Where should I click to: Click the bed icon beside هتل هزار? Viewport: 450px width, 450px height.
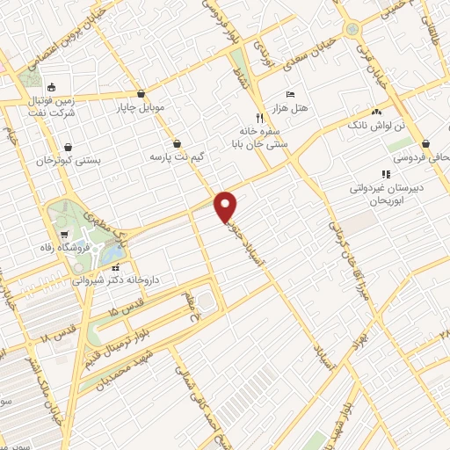click(x=290, y=93)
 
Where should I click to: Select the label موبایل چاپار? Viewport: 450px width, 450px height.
click(x=141, y=108)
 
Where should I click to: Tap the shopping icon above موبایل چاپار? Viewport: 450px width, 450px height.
click(x=141, y=93)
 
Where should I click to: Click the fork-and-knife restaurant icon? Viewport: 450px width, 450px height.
click(x=258, y=117)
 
